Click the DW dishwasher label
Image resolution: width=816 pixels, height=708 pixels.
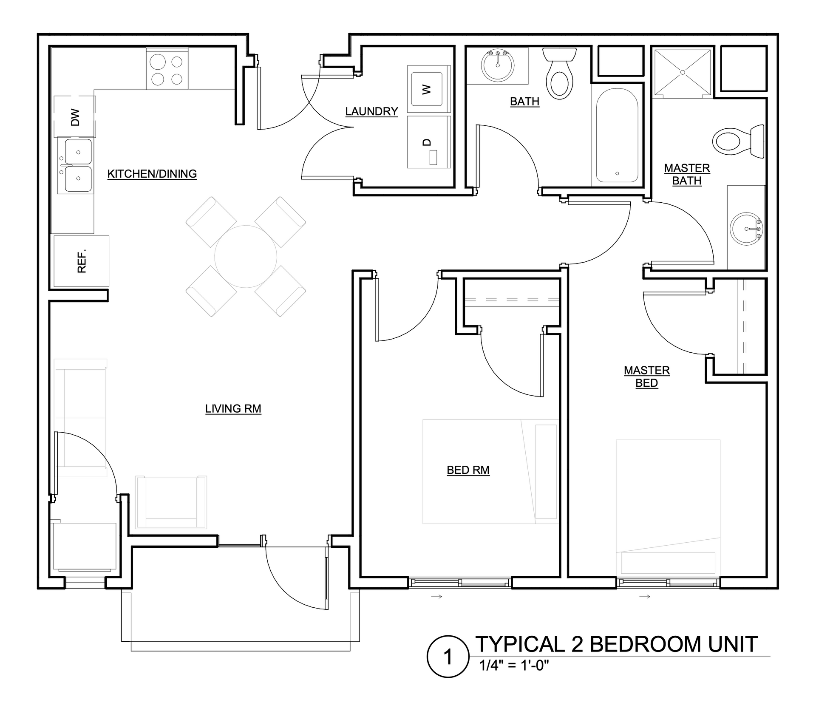click(x=75, y=117)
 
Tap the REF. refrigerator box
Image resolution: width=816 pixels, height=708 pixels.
click(x=81, y=261)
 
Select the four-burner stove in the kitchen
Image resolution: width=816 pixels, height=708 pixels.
click(x=167, y=68)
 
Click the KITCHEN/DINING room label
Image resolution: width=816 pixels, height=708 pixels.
click(x=152, y=174)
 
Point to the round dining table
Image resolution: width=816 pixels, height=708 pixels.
click(x=246, y=257)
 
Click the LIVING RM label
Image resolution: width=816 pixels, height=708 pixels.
click(x=233, y=409)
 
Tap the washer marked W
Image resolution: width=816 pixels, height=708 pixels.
click(x=427, y=89)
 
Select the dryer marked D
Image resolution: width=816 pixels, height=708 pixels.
click(x=428, y=142)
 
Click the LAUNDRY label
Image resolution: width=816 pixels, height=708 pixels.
click(x=371, y=111)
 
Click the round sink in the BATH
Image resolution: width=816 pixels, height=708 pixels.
click(x=497, y=66)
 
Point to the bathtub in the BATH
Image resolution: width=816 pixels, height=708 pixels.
click(x=617, y=135)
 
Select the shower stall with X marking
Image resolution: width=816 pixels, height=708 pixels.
click(x=683, y=72)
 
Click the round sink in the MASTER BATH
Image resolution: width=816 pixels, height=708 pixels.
click(x=747, y=229)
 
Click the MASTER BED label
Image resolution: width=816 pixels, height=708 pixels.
click(x=646, y=377)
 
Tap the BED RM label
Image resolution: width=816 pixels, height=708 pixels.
click(x=468, y=470)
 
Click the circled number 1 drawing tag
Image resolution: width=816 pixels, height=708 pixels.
click(x=448, y=657)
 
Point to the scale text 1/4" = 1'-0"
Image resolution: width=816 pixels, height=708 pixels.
click(x=514, y=665)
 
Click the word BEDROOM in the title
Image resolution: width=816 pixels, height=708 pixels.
click(x=646, y=644)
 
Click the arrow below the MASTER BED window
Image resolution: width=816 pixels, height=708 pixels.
click(x=645, y=597)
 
